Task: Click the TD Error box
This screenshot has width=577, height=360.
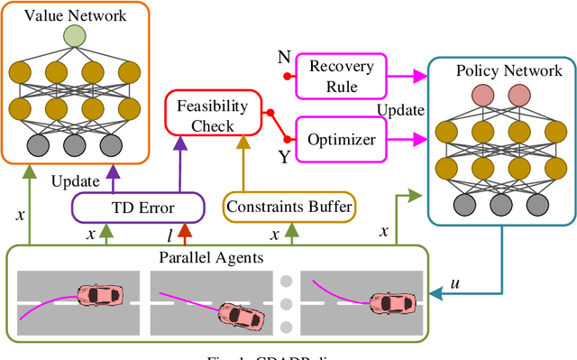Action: [x=123, y=208]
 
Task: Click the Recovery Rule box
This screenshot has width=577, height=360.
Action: [x=334, y=78]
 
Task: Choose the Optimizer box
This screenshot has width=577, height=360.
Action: [x=334, y=140]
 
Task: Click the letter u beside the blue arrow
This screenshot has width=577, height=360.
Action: [x=454, y=283]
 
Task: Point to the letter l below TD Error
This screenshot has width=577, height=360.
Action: [x=169, y=235]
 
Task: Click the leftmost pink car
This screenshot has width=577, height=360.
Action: [x=98, y=295]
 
